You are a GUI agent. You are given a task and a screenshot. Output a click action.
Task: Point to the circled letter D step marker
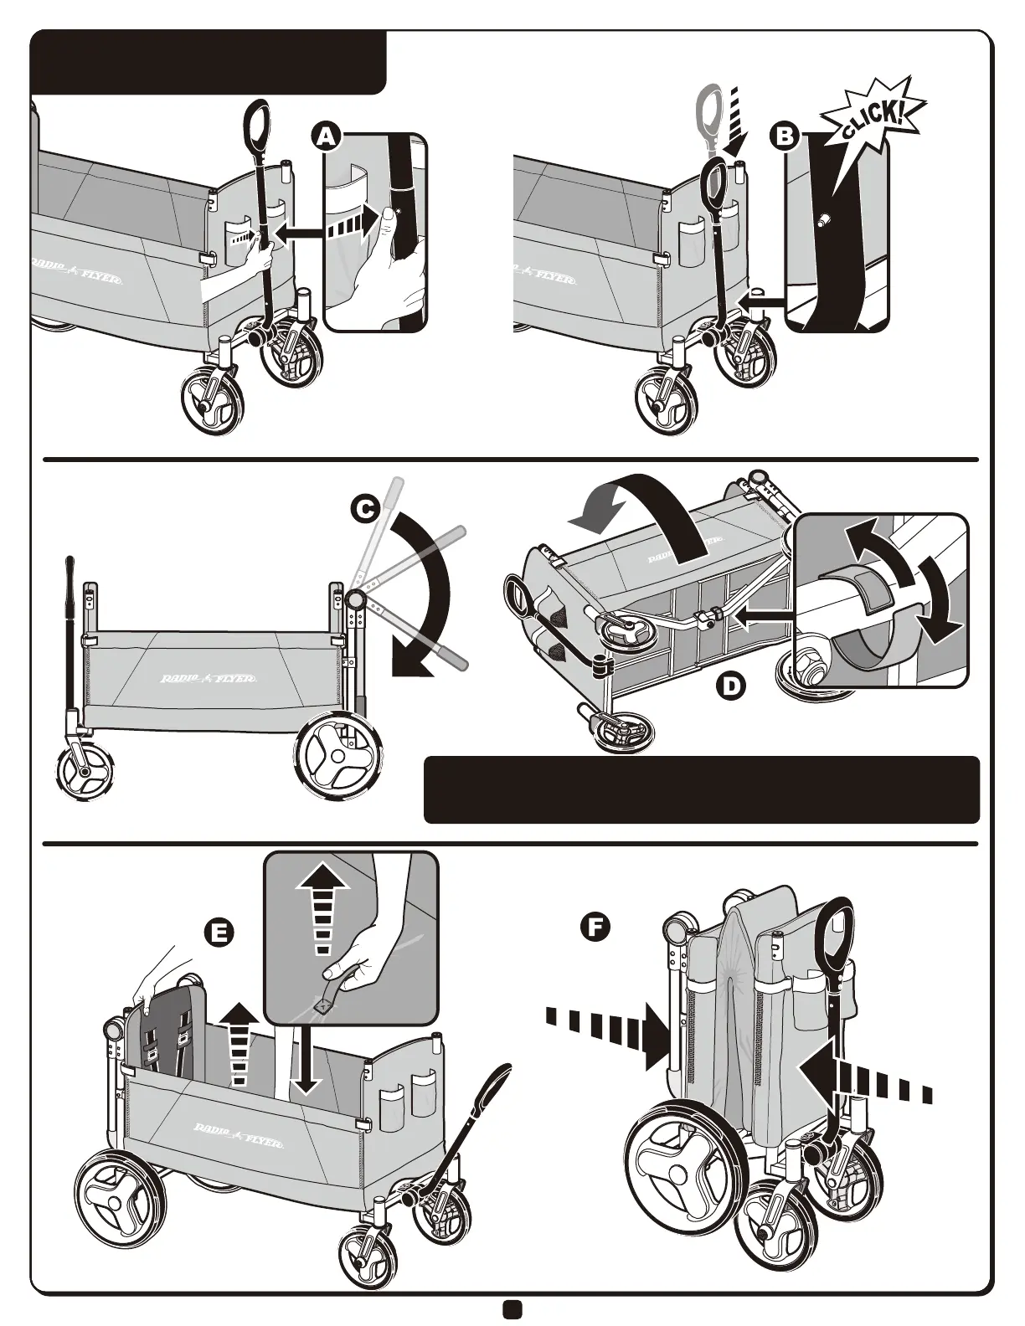tap(730, 686)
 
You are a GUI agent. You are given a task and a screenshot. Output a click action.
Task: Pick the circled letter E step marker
tap(219, 932)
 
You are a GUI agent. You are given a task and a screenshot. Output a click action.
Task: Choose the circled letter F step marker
tap(595, 927)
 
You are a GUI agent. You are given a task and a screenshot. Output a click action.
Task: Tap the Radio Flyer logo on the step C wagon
tap(209, 678)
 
